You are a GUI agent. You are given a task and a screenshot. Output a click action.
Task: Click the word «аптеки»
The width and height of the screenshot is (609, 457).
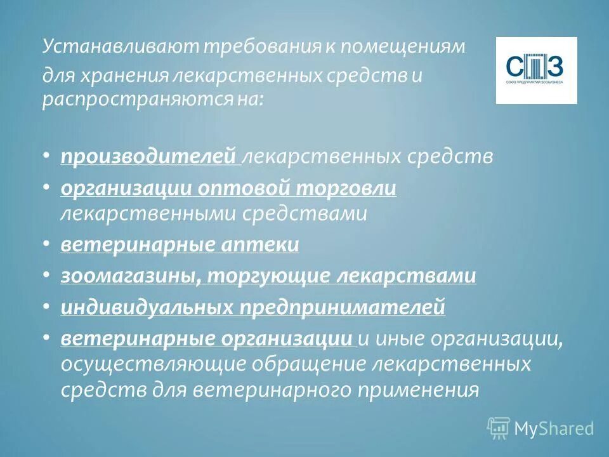coord(258,244)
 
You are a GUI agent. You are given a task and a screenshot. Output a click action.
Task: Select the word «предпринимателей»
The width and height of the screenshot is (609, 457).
coord(342,308)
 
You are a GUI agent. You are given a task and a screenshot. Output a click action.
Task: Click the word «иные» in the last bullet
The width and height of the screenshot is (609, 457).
coord(398,340)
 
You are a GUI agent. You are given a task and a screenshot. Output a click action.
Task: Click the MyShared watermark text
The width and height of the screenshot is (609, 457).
coord(553,428)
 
